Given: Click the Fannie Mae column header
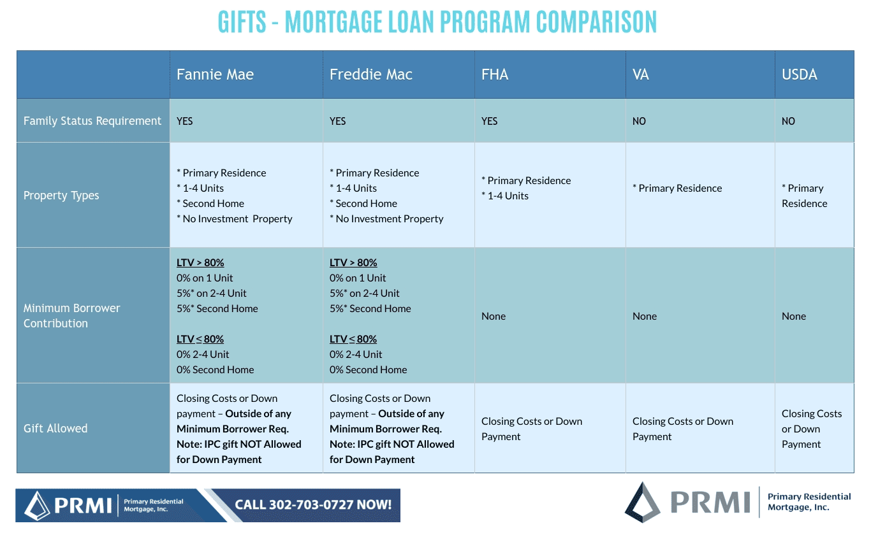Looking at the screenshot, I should pos(215,75).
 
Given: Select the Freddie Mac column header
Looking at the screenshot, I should pos(370,75).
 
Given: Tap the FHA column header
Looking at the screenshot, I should pos(495,75).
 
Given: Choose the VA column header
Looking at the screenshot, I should pos(640,75).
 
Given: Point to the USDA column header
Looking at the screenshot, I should pos(799,75).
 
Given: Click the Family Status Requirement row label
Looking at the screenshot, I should pos(92,121).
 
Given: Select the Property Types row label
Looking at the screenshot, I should pos(61,196).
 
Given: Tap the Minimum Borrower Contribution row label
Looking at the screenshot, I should pos(71,315).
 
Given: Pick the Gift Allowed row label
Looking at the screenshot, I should pos(55,429).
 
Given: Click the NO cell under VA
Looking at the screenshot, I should pos(639,121).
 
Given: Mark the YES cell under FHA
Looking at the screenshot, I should pos(489,121).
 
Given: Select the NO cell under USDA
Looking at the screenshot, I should pos(788,121).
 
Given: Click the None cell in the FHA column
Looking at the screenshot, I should pos(494,316).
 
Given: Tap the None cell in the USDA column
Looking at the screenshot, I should pos(794,316).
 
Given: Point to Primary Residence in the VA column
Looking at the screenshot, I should pos(677,189).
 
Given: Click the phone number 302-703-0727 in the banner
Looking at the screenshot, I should pos(312,505).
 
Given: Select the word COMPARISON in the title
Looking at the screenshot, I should pos(596,22).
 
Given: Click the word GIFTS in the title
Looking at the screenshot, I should pos(242,22).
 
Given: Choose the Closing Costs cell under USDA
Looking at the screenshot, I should pos(812,429).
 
